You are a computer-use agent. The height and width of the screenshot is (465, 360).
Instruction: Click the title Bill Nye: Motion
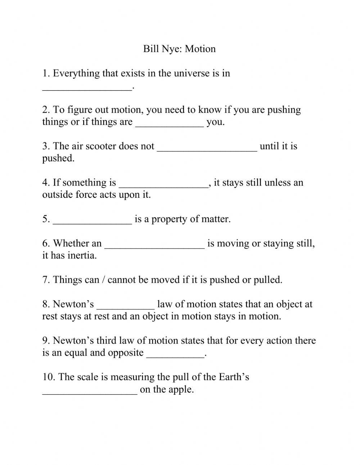click(x=179, y=49)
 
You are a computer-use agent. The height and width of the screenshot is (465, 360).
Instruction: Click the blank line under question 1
click(x=87, y=86)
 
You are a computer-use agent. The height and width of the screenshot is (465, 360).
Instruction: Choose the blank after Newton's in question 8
click(x=126, y=305)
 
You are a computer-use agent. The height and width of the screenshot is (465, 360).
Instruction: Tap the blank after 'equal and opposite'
click(x=175, y=354)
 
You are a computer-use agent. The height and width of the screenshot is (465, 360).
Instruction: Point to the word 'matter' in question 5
click(x=215, y=219)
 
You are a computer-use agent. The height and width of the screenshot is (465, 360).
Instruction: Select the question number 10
click(x=48, y=377)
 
